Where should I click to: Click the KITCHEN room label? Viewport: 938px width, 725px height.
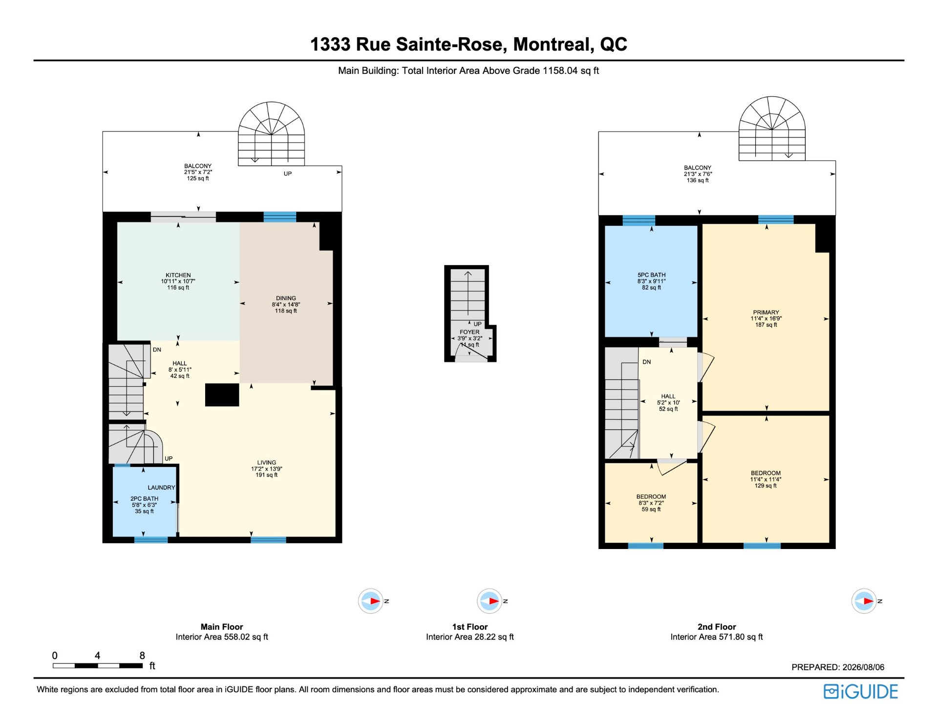pyautogui.click(x=178, y=275)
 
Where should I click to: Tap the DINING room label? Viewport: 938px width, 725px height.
pyautogui.click(x=286, y=298)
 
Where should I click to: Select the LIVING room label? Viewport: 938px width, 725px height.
pyautogui.click(x=267, y=462)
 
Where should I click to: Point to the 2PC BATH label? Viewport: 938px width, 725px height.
pyautogui.click(x=144, y=499)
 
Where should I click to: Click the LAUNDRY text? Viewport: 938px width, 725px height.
pyautogui.click(x=161, y=487)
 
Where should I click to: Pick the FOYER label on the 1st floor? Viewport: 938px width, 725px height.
pyautogui.click(x=469, y=332)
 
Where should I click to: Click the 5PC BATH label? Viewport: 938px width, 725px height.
pyautogui.click(x=651, y=275)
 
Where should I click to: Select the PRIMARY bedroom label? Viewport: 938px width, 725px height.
pyautogui.click(x=766, y=312)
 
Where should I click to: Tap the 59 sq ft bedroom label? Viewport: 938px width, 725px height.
pyautogui.click(x=651, y=497)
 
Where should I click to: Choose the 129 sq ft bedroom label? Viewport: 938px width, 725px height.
pyautogui.click(x=766, y=473)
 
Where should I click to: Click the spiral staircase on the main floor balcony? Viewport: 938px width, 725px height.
pyautogui.click(x=271, y=133)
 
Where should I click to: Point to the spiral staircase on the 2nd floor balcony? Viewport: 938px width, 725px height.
pyautogui.click(x=772, y=128)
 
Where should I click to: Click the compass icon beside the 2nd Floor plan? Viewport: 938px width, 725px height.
pyautogui.click(x=864, y=601)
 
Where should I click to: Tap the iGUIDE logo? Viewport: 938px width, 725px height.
pyautogui.click(x=861, y=692)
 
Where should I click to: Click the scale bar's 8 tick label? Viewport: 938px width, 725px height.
pyautogui.click(x=142, y=656)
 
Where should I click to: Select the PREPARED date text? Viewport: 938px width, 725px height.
pyautogui.click(x=838, y=667)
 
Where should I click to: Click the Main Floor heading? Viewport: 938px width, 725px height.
pyautogui.click(x=222, y=627)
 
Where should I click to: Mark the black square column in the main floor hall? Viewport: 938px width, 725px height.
pyautogui.click(x=222, y=395)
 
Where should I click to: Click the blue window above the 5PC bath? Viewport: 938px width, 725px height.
pyautogui.click(x=639, y=220)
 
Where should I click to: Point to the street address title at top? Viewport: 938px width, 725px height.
pyautogui.click(x=469, y=44)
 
